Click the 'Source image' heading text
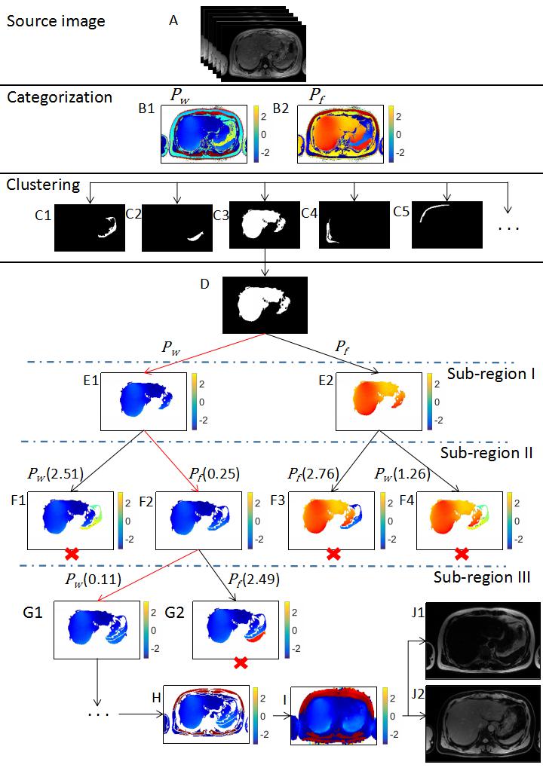[x=55, y=21]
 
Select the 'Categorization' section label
[x=60, y=97]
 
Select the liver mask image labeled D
[x=265, y=304]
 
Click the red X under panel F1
[x=72, y=554]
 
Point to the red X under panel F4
[x=462, y=554]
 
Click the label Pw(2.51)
[x=55, y=473]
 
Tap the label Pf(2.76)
[x=312, y=473]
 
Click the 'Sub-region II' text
[x=485, y=453]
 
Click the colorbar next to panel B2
[x=391, y=130]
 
